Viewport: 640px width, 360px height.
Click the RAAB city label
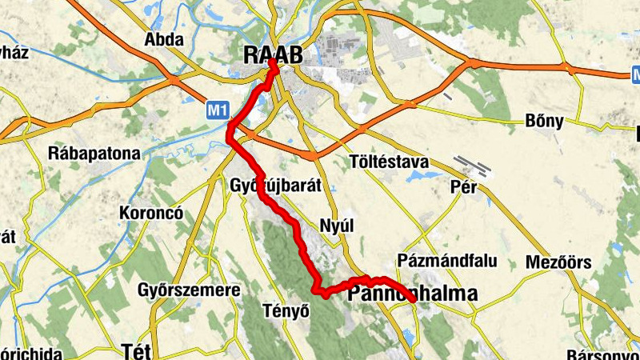pyautogui.click(x=274, y=54)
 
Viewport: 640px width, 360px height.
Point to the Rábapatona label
pyautogui.click(x=94, y=153)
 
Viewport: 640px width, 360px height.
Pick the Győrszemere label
pyautogui.click(x=189, y=289)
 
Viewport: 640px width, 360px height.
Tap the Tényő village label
pyautogui.click(x=286, y=310)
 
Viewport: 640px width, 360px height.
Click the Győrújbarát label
pyautogui.click(x=275, y=185)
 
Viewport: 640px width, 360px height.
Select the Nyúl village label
pyautogui.click(x=336, y=226)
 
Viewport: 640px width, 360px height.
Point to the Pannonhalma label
pyautogui.click(x=413, y=294)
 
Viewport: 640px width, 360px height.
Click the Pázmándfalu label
pyautogui.click(x=447, y=261)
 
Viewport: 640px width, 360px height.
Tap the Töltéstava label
pyautogui.click(x=390, y=162)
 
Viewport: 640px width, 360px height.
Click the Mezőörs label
pyautogui.click(x=558, y=262)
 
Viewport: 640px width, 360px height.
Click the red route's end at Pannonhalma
pyautogui.click(x=411, y=299)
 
